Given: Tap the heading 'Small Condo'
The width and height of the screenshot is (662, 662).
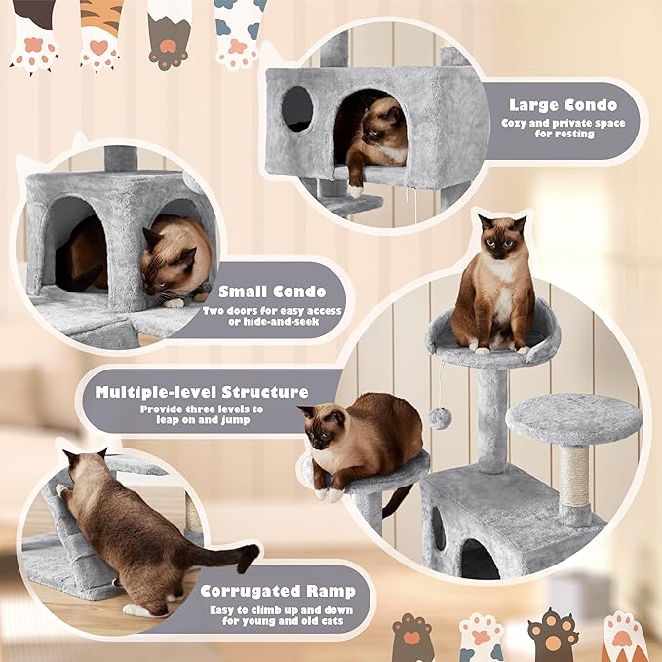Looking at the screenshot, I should coord(272,291).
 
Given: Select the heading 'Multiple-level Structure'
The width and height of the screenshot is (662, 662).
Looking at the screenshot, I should coord(202,392).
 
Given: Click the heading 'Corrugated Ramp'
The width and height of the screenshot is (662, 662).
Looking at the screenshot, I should coord(278,591).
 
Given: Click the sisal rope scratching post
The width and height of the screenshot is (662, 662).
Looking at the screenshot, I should coord(574,477).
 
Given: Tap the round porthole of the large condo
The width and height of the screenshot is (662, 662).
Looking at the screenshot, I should coord(297,109).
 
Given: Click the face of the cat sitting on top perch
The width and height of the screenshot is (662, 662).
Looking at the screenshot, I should coord(501,239).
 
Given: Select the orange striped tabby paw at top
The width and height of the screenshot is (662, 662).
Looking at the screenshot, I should coord(100,34).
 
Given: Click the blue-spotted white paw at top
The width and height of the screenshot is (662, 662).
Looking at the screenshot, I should coord(239,32).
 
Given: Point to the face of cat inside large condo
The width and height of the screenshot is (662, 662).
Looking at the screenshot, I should coord(385,127).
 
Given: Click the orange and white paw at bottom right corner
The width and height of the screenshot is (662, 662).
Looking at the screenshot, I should coord(624,636).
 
